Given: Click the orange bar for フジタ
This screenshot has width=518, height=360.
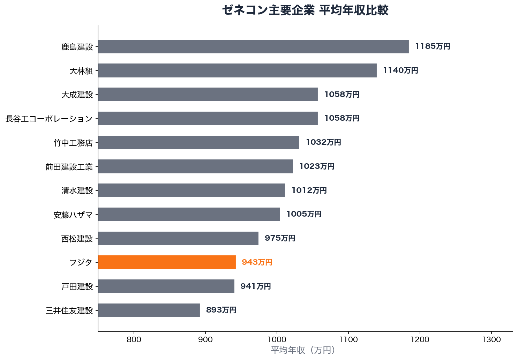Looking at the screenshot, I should (x=167, y=262).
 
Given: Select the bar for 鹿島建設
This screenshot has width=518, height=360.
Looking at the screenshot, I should (x=253, y=46).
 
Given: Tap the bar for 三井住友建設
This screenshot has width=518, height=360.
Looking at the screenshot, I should (x=149, y=310).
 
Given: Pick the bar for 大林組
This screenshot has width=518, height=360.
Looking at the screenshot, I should (x=237, y=70).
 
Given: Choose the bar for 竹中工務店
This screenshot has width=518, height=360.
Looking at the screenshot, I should (x=198, y=142).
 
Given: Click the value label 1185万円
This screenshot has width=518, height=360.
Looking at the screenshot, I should (x=433, y=46).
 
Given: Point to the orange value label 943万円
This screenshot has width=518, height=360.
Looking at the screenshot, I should (x=257, y=262).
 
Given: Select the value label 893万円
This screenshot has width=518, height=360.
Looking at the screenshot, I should (x=221, y=310).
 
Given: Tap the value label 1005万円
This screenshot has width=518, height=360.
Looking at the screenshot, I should (x=304, y=214).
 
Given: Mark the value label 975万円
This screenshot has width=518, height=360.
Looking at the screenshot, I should (x=280, y=238).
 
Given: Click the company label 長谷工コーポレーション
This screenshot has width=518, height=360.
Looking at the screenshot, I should (x=49, y=119).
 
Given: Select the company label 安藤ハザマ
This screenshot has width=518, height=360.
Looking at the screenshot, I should (x=73, y=215).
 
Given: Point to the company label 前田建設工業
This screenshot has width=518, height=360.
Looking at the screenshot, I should (x=69, y=167).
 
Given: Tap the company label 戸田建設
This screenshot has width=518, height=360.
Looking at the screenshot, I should (x=77, y=286).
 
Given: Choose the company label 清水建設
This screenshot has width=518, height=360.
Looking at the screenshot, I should (x=77, y=191).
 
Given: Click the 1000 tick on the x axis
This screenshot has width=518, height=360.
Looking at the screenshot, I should (x=277, y=339).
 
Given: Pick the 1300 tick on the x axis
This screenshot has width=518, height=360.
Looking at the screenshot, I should (x=491, y=339).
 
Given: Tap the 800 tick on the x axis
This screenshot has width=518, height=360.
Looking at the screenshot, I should (x=134, y=339).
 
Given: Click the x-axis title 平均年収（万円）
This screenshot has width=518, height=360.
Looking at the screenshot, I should (x=303, y=350).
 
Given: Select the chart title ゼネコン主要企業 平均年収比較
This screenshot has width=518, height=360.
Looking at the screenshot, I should (x=305, y=10).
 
